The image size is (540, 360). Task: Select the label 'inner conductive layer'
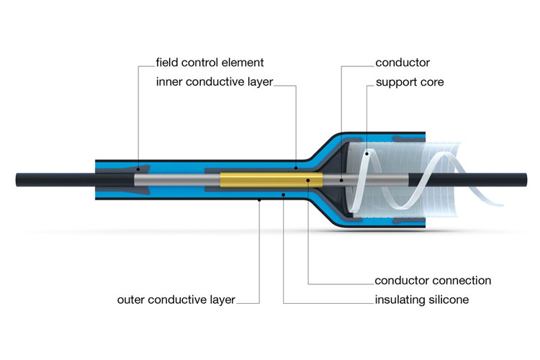[x=215, y=82]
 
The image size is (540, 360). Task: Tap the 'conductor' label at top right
[x=402, y=63]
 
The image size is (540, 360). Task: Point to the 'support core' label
[x=410, y=82]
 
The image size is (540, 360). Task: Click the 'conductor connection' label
[x=433, y=280]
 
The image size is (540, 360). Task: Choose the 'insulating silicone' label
[x=422, y=299]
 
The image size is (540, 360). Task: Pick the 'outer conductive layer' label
[x=176, y=299]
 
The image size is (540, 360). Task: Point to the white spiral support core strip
[x=450, y=180]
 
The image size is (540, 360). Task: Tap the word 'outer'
[x=132, y=299]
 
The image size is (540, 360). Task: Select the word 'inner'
[x=170, y=82]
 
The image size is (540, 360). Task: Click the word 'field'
[x=167, y=63]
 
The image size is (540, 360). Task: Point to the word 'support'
[x=395, y=83]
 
